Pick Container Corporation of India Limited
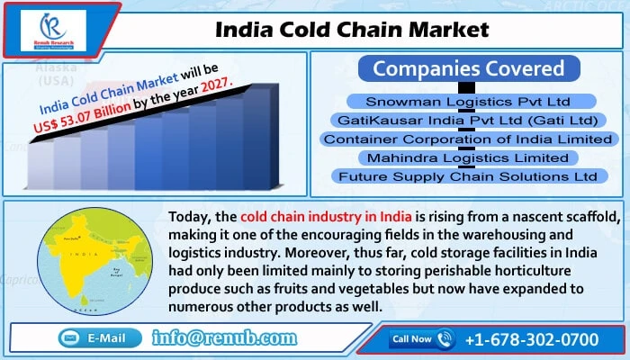pyautogui.click(x=468, y=139)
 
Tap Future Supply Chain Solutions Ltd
pyautogui.click(x=468, y=176)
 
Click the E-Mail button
pyautogui.click(x=100, y=337)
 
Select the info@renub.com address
pyautogui.click(x=225, y=338)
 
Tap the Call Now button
pyautogui.click(x=421, y=338)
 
